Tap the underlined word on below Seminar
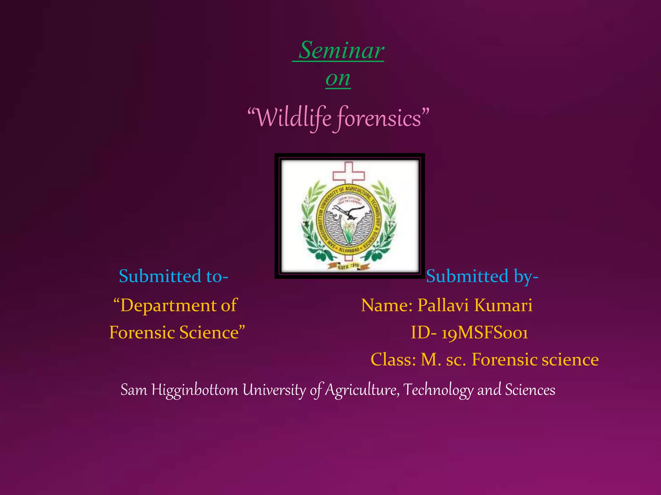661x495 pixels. coord(338,79)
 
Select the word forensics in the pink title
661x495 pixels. coord(379,118)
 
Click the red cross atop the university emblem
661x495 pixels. coord(349,173)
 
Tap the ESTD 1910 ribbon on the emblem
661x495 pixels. coord(348,266)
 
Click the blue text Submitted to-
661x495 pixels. coord(173,277)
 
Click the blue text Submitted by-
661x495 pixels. coord(482,277)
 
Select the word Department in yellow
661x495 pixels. coord(168,306)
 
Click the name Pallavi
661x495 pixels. coord(443,305)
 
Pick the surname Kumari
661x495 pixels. coord(503,305)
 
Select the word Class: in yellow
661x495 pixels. coord(393,360)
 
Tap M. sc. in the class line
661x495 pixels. coord(443,360)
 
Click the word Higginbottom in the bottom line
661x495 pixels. coord(195,390)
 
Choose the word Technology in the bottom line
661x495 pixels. coord(438,390)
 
